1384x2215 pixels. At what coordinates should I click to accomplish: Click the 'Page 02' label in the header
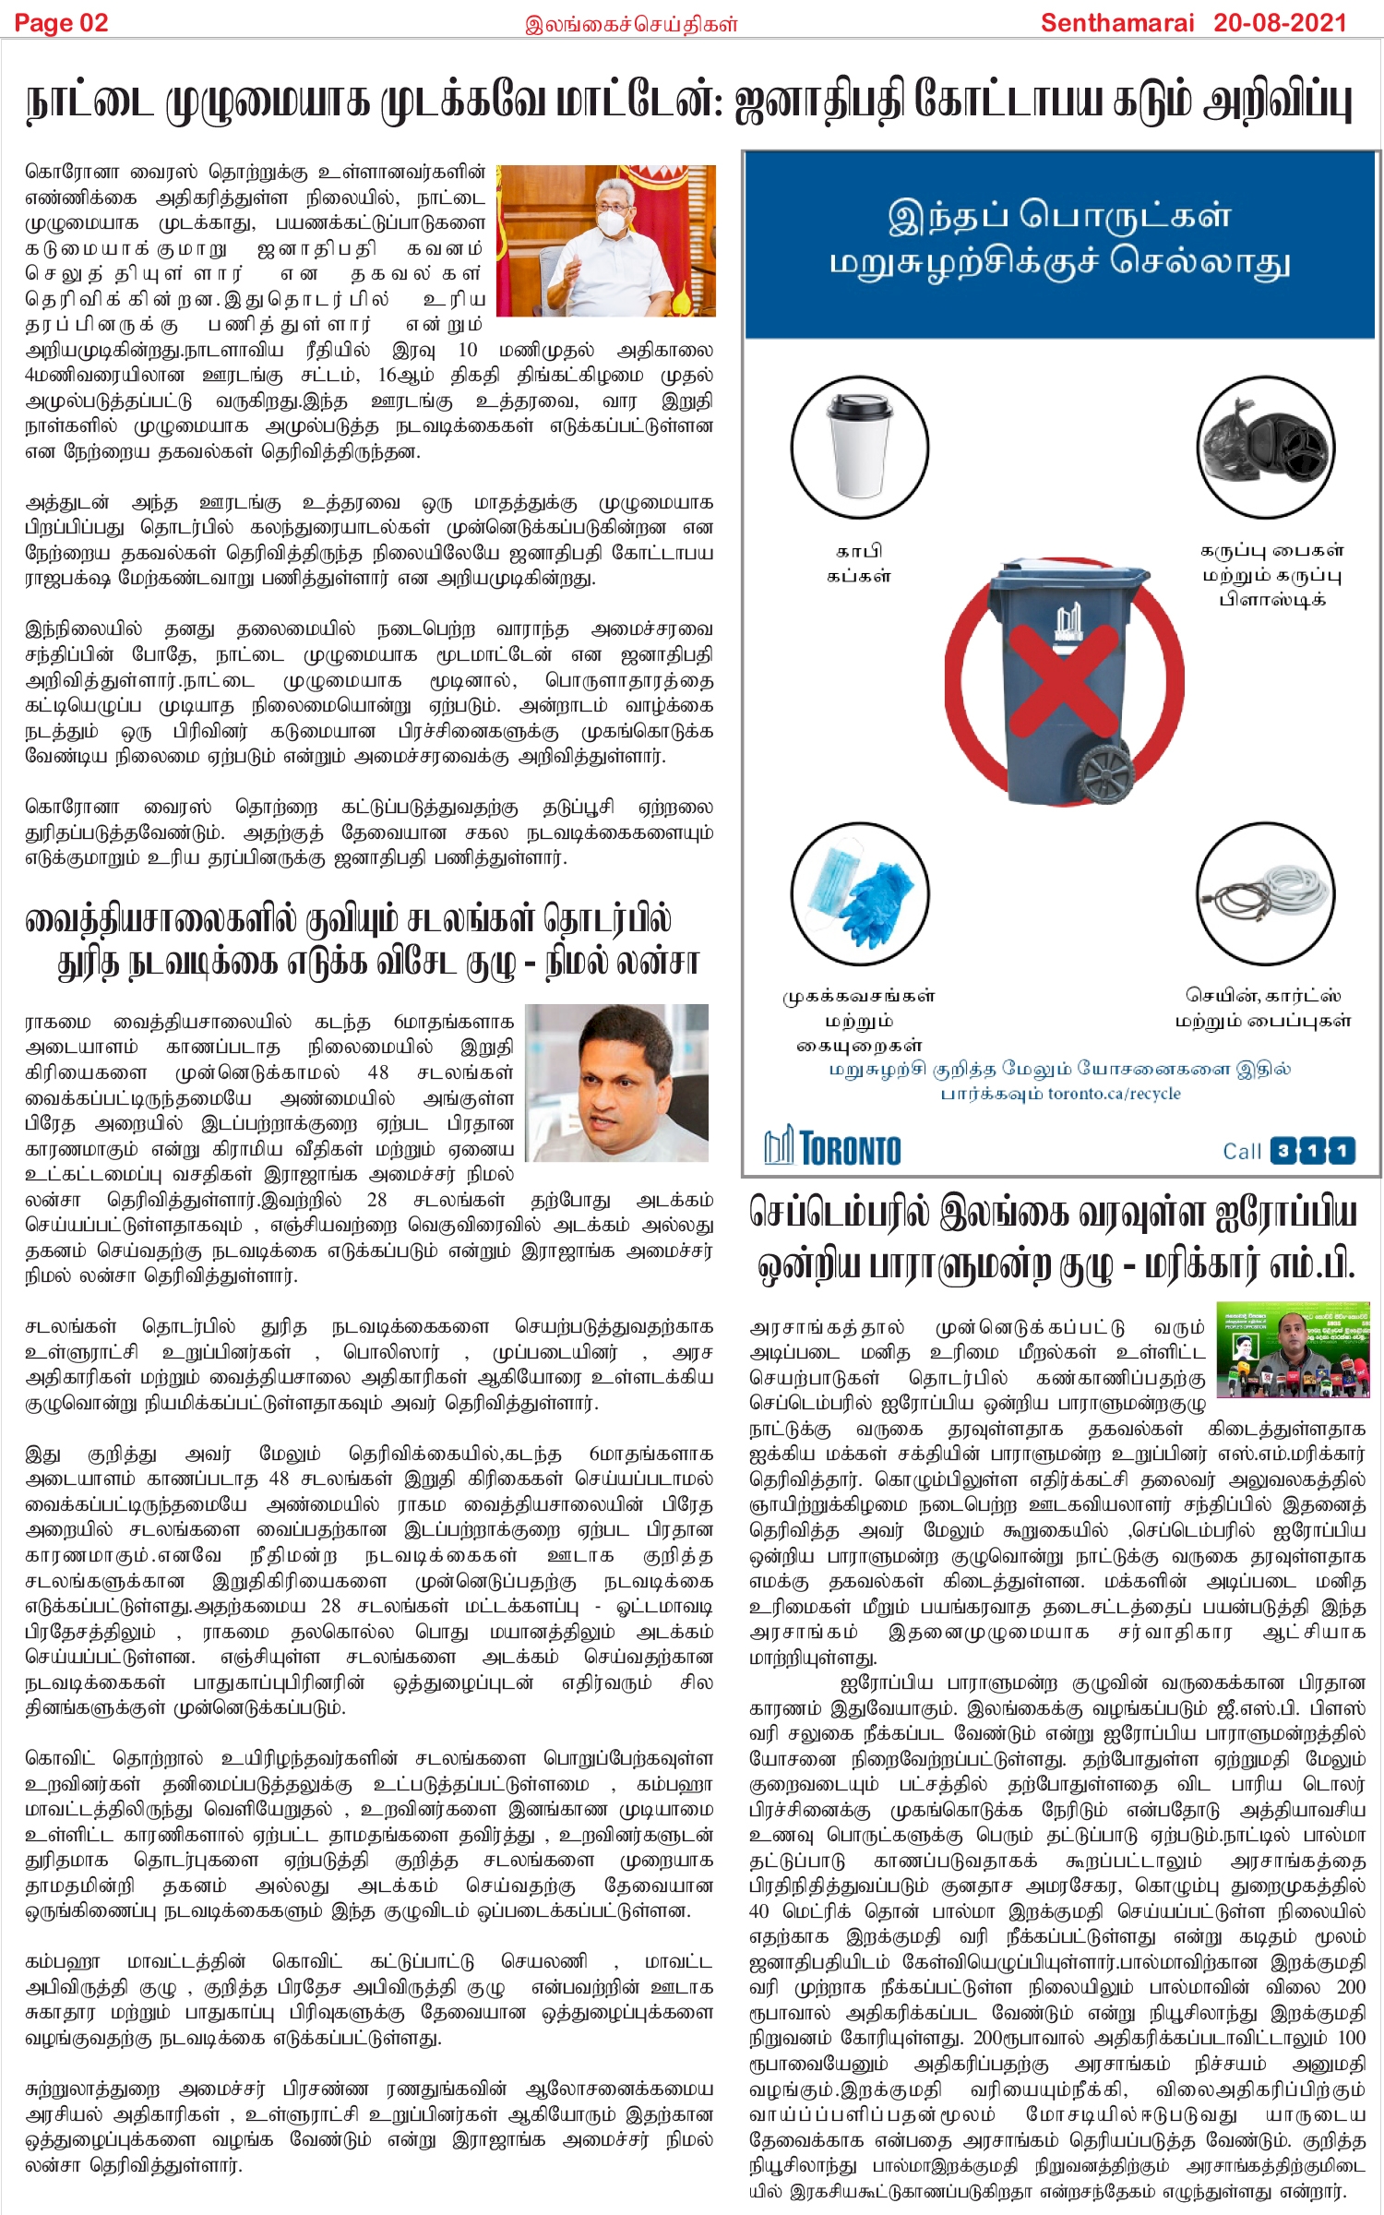(61, 22)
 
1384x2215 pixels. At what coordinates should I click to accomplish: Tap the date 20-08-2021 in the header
(1280, 22)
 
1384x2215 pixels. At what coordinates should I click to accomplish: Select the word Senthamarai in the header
(1116, 22)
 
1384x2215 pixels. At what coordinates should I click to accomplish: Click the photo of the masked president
(606, 241)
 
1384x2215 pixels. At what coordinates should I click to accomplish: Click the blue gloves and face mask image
(859, 893)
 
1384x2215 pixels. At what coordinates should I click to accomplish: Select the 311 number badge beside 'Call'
(1312, 1150)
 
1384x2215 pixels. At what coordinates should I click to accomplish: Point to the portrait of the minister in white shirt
(617, 1082)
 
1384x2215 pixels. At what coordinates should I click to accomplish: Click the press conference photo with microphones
(1292, 1348)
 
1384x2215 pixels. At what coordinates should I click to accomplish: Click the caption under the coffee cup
(858, 563)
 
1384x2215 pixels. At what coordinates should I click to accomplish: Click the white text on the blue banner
(1059, 238)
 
